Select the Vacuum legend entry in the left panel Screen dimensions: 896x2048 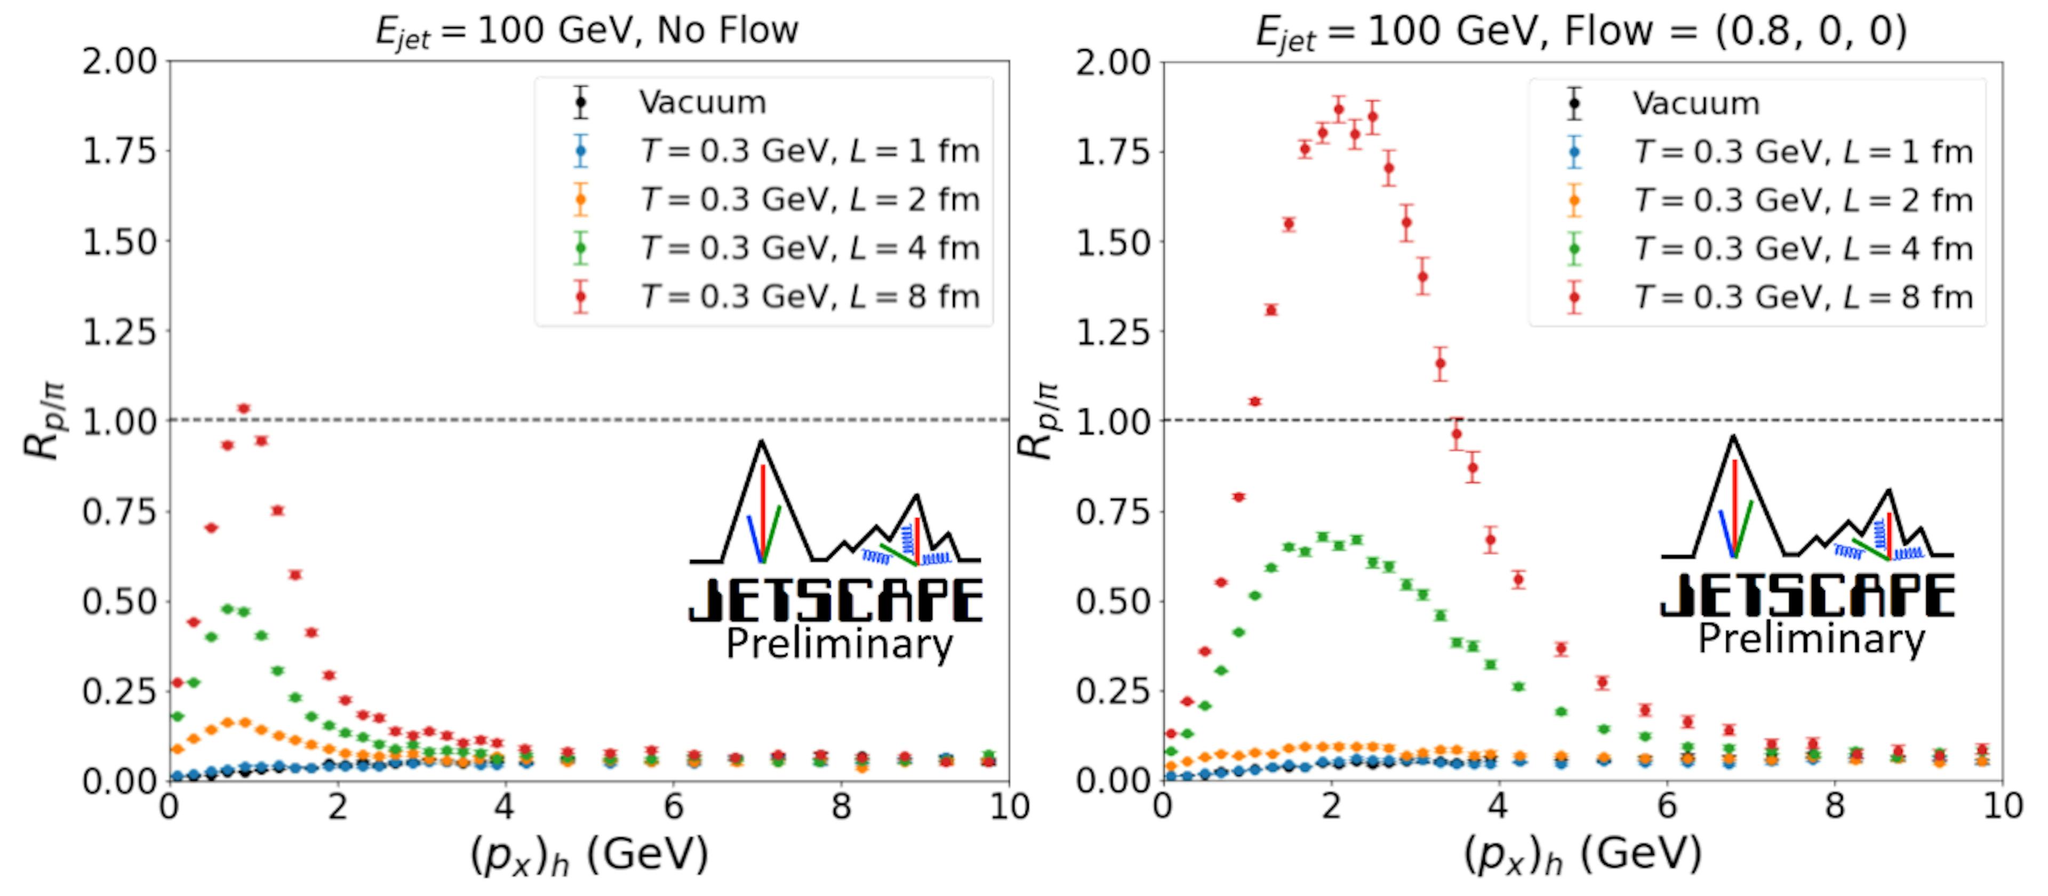(702, 102)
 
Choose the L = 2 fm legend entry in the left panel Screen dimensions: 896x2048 (810, 199)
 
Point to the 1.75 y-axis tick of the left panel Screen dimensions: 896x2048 (120, 151)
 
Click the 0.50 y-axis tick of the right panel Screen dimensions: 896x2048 (1114, 602)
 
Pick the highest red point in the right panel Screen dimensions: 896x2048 (1339, 110)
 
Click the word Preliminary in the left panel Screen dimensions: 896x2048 (839, 644)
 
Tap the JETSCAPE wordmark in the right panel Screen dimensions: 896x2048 (1807, 596)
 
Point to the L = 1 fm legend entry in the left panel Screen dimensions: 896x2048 (810, 151)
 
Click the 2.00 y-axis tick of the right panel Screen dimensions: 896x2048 (1114, 62)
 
